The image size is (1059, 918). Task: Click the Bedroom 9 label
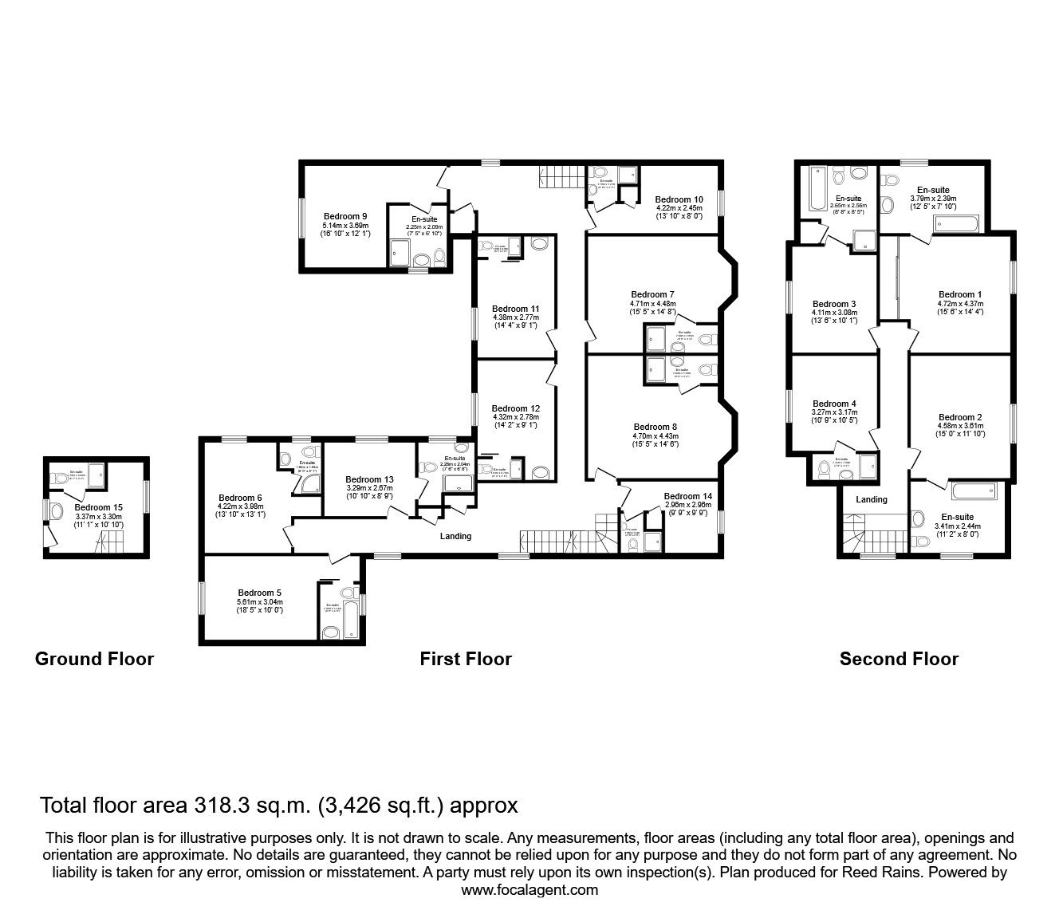click(345, 216)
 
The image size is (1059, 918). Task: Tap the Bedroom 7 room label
click(652, 294)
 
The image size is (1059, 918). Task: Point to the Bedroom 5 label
click(259, 593)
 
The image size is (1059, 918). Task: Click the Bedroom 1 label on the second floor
click(960, 294)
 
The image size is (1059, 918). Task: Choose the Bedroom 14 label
click(687, 496)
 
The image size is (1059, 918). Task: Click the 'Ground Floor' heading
click(94, 659)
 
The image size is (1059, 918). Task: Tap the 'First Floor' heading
click(466, 659)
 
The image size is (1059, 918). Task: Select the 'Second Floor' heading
click(899, 659)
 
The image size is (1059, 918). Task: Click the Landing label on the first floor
click(456, 536)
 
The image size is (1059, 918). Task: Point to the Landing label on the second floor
click(872, 500)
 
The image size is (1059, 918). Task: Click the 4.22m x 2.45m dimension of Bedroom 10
click(679, 208)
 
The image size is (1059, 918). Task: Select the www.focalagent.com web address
click(529, 890)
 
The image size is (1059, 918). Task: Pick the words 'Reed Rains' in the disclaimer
click(870, 873)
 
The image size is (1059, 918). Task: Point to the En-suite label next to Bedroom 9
click(424, 219)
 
